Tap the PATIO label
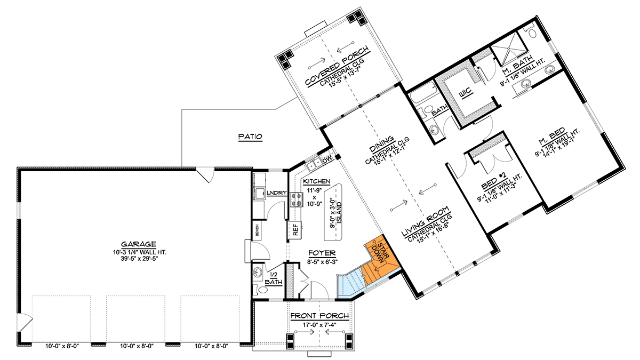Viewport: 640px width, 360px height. [250, 137]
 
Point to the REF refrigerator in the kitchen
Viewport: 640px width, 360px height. [294, 229]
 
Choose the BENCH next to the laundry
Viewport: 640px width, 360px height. [257, 230]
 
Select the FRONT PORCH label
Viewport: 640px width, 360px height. [319, 316]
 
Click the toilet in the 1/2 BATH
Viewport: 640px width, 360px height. [261, 290]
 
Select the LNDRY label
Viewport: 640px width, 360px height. [278, 193]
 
